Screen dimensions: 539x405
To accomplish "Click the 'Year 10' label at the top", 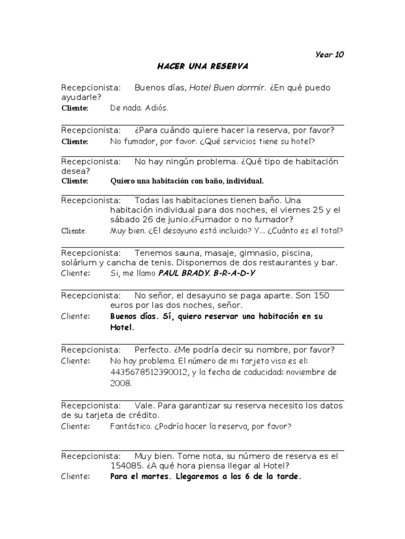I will (330, 54).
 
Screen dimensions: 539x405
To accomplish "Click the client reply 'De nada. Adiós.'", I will (139, 108).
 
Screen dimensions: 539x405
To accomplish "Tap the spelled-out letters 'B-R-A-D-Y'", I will (232, 274).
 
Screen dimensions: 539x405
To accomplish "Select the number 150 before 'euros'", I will (322, 296).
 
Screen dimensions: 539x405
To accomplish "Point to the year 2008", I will (121, 383).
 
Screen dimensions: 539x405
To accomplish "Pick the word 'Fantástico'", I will (130, 426).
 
